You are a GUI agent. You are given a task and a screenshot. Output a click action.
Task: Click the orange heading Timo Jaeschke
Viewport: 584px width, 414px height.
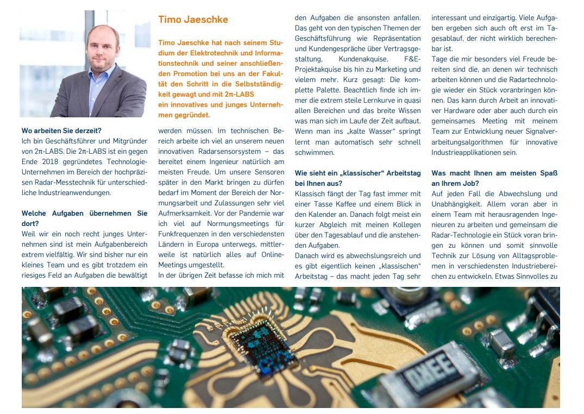[193, 20]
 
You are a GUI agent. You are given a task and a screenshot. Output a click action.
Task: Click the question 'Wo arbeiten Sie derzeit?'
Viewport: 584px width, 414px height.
[61, 130]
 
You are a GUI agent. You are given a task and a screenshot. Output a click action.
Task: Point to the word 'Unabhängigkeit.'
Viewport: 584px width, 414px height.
[455, 204]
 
